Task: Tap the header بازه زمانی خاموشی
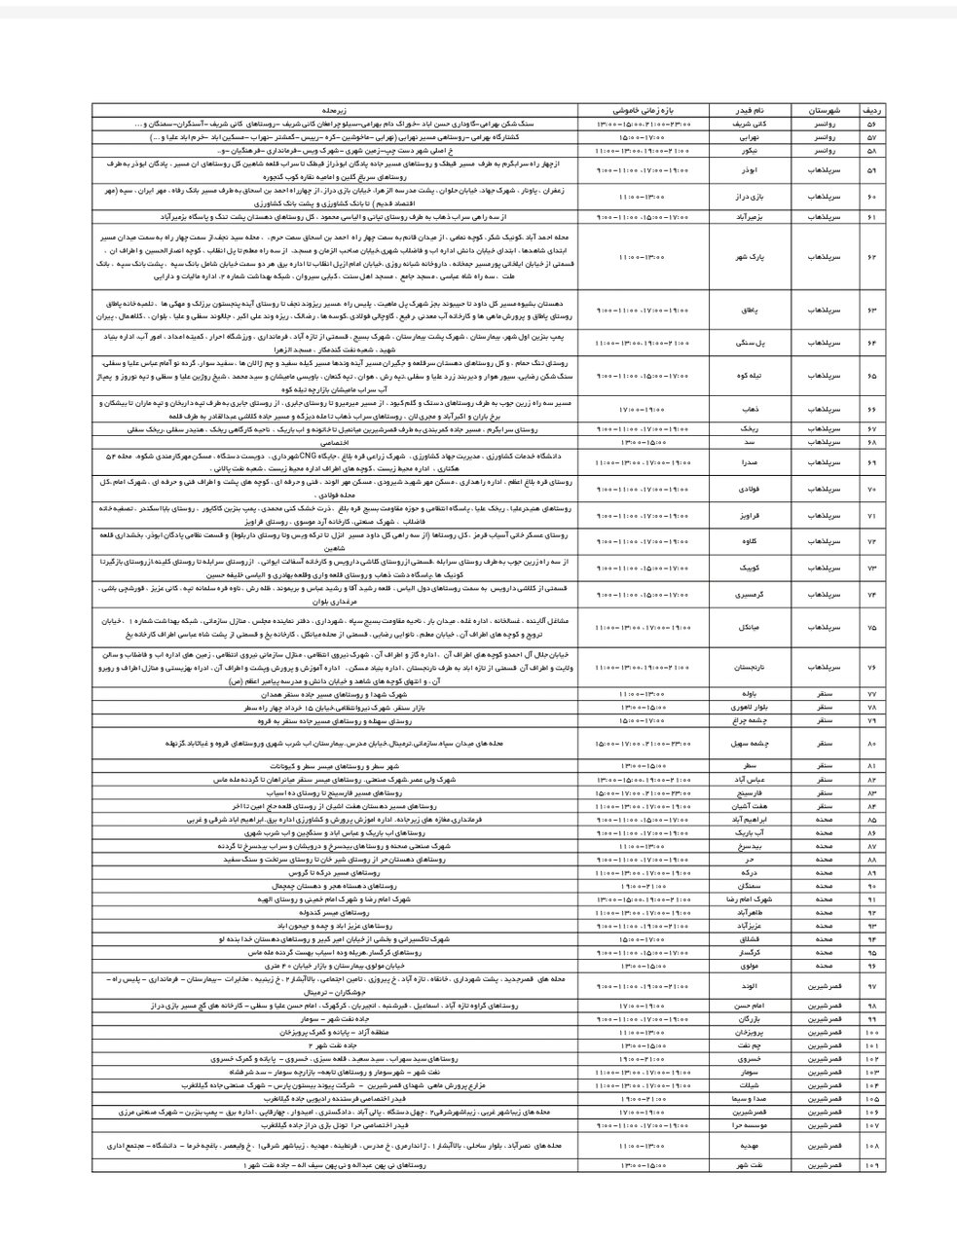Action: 644,112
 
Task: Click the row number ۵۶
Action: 870,126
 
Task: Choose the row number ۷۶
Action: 870,667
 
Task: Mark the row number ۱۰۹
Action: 870,1164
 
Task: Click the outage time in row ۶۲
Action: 644,257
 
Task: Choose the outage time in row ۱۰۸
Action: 644,1148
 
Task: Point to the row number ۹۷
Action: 870,986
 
